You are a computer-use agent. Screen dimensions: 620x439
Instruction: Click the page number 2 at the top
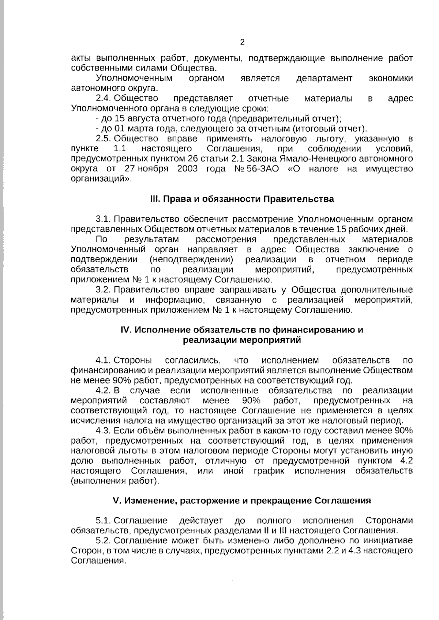242,42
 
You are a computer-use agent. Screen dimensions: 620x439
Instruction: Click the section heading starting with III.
242,199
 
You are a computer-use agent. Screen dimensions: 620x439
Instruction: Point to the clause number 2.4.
104,99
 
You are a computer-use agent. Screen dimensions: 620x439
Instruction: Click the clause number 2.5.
104,139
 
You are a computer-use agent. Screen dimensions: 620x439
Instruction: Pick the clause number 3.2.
104,290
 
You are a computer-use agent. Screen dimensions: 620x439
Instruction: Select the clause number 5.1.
104,521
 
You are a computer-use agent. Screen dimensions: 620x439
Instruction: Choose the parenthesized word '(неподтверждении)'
191,260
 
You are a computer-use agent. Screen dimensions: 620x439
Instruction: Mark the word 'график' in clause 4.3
269,471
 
